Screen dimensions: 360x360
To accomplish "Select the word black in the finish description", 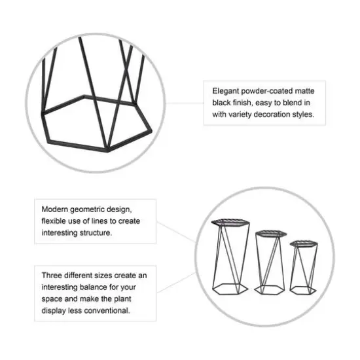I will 222,103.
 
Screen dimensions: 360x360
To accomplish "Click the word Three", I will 52,276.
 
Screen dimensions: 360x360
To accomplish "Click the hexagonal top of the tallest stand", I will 231,223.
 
